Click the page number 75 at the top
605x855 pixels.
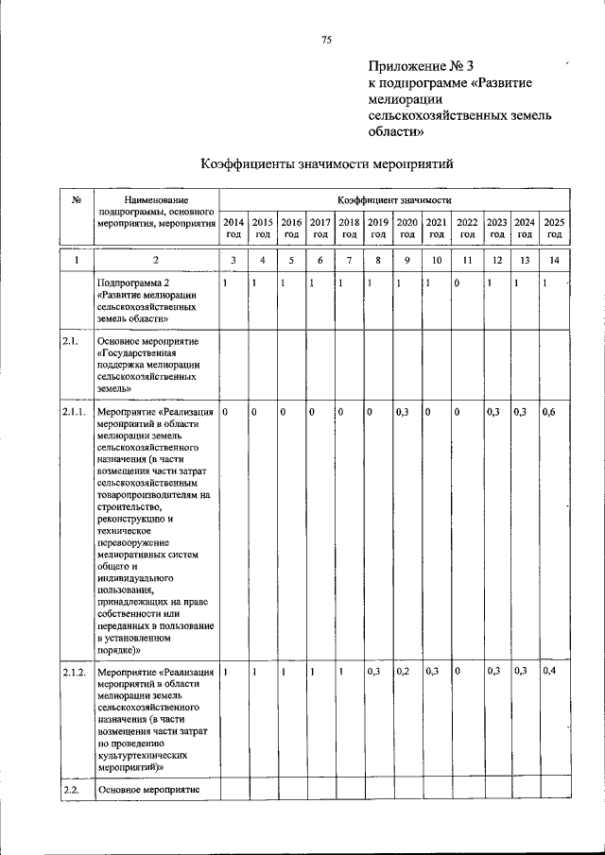(326, 39)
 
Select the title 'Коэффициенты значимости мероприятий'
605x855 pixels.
(327, 164)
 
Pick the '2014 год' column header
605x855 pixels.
(233, 228)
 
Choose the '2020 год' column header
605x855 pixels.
(407, 228)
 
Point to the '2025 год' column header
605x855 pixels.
(554, 228)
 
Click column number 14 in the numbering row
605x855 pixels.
(554, 259)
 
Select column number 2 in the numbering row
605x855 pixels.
(156, 259)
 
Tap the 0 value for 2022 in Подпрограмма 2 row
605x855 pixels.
(457, 283)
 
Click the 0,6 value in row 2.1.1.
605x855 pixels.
(548, 413)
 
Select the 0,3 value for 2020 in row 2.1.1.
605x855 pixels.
(403, 413)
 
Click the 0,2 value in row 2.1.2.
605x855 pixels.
(403, 671)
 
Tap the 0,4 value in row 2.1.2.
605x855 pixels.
(548, 671)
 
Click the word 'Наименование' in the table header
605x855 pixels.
(156, 200)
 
